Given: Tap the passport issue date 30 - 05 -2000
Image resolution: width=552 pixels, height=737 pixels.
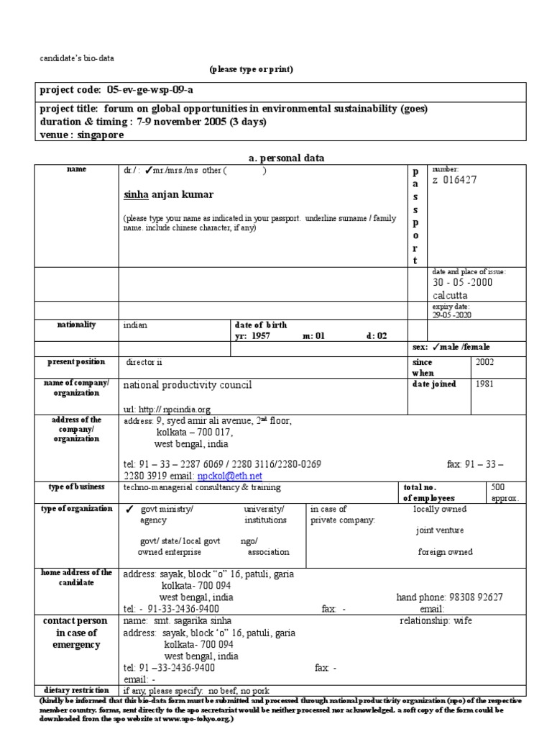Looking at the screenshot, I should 462,283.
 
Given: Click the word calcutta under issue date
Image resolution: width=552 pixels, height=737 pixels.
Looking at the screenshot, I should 451,296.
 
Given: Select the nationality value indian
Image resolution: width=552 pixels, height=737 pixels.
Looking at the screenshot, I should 135,325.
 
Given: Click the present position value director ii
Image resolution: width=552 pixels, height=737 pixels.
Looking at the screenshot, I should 149,362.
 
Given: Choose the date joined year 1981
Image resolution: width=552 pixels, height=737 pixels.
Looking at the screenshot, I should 484,384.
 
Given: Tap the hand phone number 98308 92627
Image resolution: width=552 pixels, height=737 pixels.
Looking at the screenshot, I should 477,597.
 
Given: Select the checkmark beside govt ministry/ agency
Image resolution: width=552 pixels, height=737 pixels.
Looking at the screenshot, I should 129,510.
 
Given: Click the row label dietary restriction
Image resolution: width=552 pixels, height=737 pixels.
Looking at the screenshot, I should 77,689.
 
